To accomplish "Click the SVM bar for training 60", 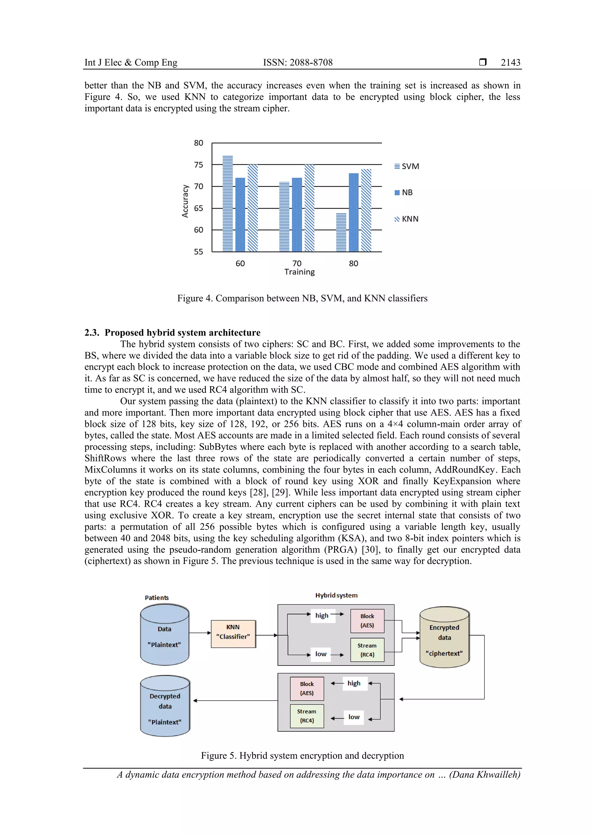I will (x=228, y=204).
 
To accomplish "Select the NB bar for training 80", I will (x=354, y=213).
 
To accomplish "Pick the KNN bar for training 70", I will (x=309, y=208).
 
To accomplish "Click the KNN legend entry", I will (x=407, y=219).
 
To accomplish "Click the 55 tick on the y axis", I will (x=199, y=252).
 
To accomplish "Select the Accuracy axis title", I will (x=185, y=201).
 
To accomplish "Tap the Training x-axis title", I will (x=299, y=272).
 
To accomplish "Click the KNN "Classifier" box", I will (x=233, y=634).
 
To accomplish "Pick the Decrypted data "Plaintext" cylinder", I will (x=165, y=707).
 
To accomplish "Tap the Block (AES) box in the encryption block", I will (x=367, y=621).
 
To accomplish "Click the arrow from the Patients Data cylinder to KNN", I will (x=200, y=633).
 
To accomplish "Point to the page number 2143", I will (x=510, y=63).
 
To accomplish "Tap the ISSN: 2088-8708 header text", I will (x=298, y=63).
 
